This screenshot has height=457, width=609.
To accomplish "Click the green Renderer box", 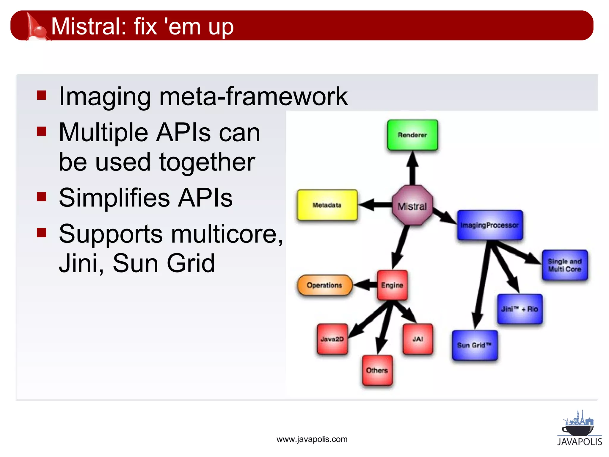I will pos(412,135).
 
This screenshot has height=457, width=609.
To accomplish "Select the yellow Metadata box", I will pos(327,205).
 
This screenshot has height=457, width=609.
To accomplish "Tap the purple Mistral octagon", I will pos(412,205).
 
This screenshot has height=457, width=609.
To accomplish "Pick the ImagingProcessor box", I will pos(490,225).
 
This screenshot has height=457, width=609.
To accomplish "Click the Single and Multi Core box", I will pos(565,265).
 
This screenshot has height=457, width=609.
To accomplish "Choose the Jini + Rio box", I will pos(520,309).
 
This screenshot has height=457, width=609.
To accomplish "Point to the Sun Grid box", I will pos(475,345).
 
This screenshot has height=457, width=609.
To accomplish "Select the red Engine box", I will pos(392,285).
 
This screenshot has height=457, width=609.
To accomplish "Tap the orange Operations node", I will pos(325,285).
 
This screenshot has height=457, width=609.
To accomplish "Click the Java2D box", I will pos(332,339).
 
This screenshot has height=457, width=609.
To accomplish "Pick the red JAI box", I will pos(418,339).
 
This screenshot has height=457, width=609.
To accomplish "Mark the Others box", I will pos(377,370).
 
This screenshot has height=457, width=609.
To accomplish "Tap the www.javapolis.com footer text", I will pos(312,439).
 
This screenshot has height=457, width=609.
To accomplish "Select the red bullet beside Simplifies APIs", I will pos(41,197).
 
